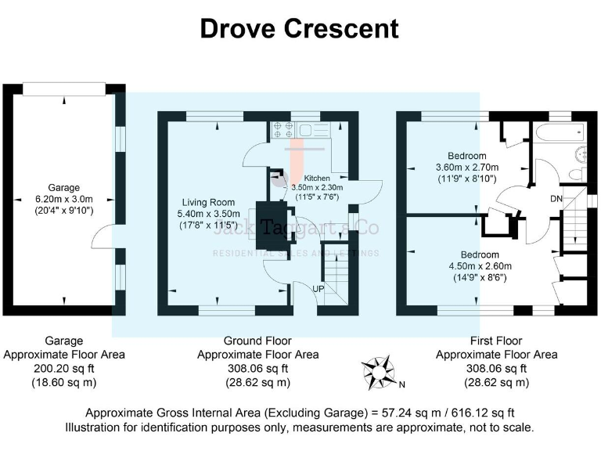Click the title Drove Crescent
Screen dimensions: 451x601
pyautogui.click(x=300, y=29)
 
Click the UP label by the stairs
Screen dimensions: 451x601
pyautogui.click(x=318, y=289)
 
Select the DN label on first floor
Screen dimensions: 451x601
pyautogui.click(x=556, y=199)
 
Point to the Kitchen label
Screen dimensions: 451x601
pyautogui.click(x=318, y=178)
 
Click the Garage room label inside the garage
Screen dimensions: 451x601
pyautogui.click(x=64, y=188)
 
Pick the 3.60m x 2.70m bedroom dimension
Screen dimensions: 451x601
pyautogui.click(x=466, y=168)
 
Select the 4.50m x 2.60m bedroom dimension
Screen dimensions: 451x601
pyautogui.click(x=479, y=266)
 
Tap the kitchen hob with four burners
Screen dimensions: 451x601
pyautogui.click(x=282, y=130)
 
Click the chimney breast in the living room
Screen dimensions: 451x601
pyautogui.click(x=268, y=227)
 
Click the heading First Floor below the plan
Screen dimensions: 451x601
pyautogui.click(x=496, y=341)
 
